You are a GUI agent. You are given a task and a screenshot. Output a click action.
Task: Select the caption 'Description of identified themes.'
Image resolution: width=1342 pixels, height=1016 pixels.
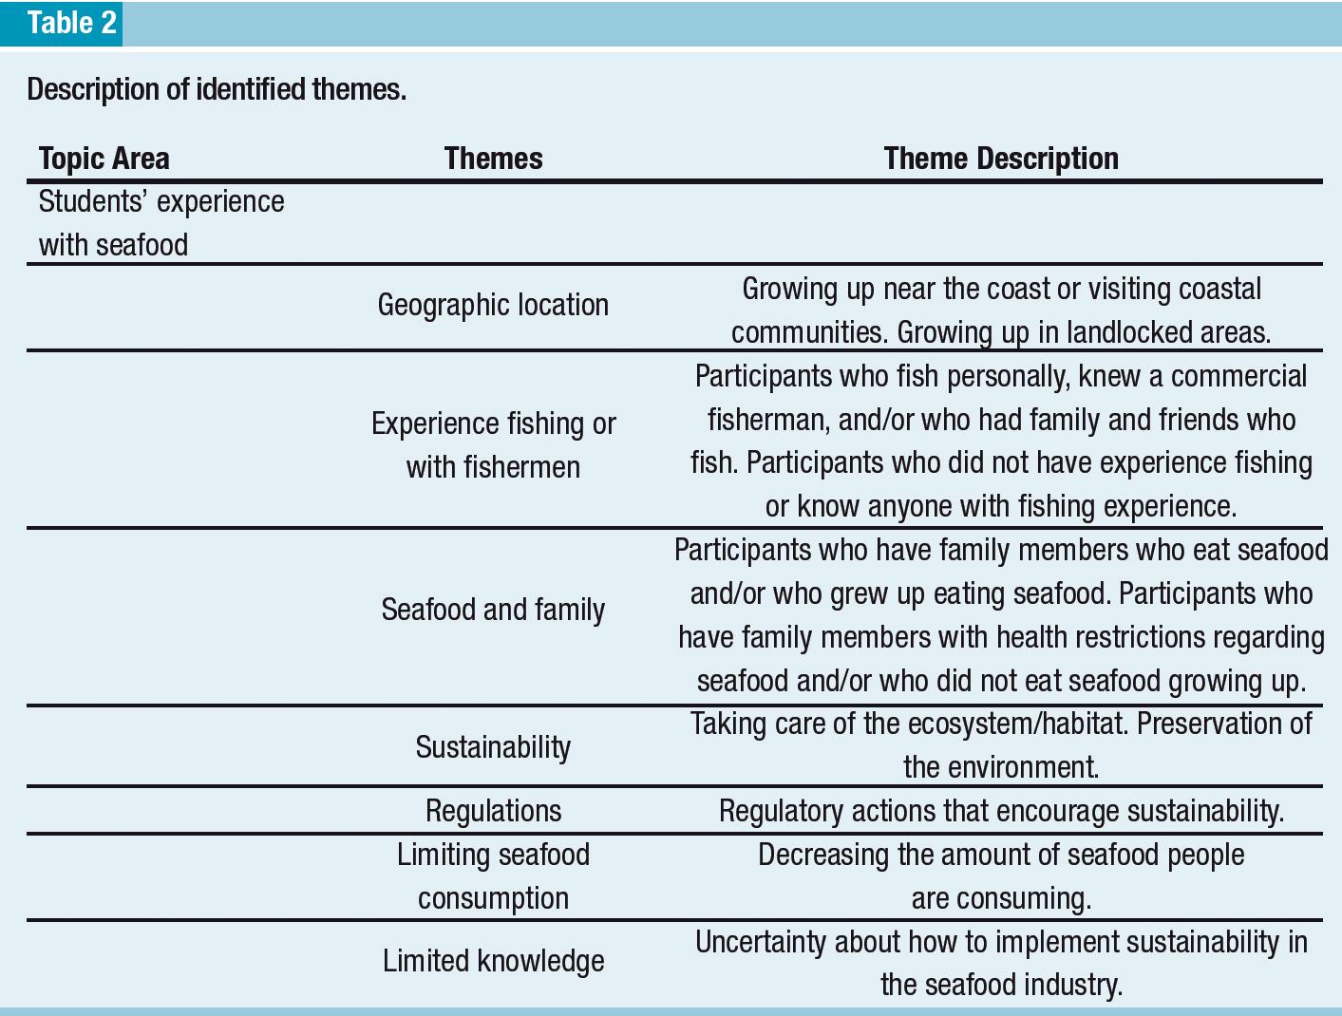pos(217,89)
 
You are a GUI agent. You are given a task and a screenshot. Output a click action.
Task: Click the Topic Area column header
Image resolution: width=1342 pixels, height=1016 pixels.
pos(104,158)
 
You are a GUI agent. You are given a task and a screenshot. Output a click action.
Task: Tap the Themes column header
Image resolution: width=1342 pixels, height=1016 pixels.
pos(493,158)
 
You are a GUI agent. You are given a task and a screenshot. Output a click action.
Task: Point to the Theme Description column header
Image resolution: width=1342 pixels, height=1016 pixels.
pos(1001,158)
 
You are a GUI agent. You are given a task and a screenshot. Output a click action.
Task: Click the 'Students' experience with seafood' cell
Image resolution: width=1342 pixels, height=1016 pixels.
pos(161,223)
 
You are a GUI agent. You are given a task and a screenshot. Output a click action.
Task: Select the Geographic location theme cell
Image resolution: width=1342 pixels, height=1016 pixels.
pos(493,305)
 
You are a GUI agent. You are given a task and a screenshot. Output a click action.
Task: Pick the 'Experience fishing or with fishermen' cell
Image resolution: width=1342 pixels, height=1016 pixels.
pos(493,444)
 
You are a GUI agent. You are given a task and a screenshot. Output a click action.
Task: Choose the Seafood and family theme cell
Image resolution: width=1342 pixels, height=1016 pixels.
pos(493,610)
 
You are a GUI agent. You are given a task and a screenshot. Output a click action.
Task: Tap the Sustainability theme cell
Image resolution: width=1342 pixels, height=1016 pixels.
pos(493,747)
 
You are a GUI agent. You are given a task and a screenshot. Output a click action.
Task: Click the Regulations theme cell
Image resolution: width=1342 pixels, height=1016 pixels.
pos(493,811)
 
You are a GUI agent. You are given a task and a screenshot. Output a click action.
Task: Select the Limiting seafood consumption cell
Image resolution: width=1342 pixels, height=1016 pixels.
pos(493,876)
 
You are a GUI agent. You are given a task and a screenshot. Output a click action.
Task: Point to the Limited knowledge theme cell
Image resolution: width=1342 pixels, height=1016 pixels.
pos(493,961)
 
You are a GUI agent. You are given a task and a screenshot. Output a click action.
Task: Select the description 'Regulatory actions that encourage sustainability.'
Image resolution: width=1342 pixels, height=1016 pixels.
pos(1001,811)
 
